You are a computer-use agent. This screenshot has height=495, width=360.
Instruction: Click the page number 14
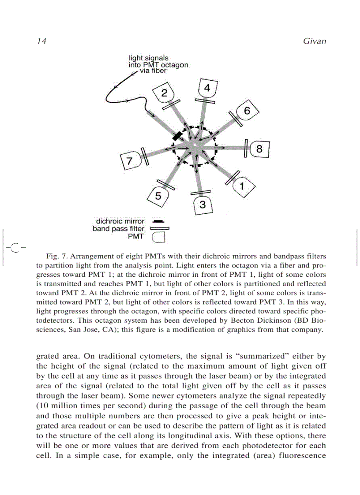[41, 41]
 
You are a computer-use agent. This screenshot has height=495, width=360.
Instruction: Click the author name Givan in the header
[315, 41]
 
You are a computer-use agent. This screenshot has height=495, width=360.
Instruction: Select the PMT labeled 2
[164, 93]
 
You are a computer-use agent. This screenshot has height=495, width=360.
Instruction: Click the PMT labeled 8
[259, 149]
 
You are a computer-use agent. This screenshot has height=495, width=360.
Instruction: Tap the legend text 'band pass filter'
[118, 229]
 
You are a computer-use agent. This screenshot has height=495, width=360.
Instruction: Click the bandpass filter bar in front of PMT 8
[245, 148]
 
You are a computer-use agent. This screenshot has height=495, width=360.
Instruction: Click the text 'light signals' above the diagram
[148, 58]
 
